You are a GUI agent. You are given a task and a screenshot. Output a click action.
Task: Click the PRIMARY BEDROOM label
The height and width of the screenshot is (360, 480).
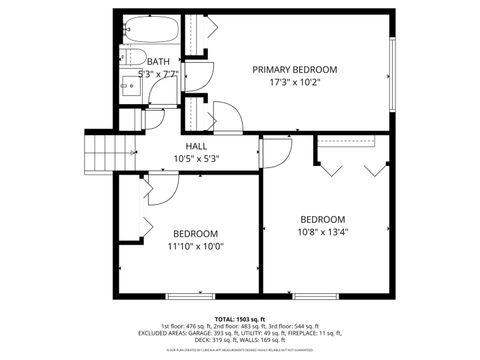coord(294,69)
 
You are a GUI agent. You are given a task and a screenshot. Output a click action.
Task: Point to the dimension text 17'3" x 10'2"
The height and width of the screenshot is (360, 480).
coord(294,83)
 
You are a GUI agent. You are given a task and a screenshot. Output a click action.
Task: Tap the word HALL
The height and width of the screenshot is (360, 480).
coord(196,146)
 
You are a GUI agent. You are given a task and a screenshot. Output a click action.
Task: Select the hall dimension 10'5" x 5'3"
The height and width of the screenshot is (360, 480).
coord(196,159)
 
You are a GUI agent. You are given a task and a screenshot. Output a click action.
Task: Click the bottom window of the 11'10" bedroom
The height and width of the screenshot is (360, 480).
coord(183,295)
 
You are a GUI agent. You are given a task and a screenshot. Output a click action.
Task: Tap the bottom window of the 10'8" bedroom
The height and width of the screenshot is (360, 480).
coord(308,295)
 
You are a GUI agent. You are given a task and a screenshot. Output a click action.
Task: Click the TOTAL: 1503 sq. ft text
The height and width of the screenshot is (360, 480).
coord(240,318)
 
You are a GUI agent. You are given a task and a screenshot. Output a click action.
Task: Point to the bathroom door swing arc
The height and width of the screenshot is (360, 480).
coord(203,76)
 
